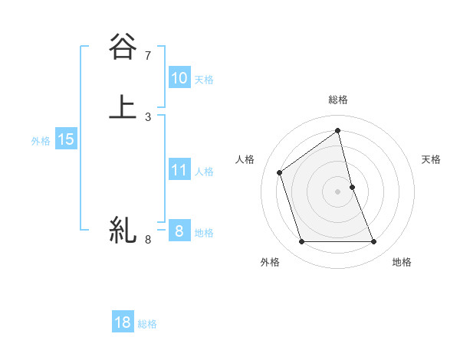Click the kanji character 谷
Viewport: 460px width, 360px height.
pos(123,47)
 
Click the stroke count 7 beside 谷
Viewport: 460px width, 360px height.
pos(148,55)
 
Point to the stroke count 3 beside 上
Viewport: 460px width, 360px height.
pos(148,116)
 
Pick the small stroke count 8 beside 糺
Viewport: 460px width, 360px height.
pos(148,240)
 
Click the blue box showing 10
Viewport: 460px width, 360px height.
pos(179,78)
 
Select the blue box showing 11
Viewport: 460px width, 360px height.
pos(179,170)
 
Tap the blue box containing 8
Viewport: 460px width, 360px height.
pos(179,231)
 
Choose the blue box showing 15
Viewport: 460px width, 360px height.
pos(66,139)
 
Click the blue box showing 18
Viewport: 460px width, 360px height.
pos(123,322)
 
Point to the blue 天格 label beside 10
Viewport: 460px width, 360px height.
pos(204,79)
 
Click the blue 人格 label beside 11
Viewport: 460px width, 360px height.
pos(204,171)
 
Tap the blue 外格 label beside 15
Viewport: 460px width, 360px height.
pos(41,140)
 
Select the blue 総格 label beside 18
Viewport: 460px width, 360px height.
pos(147,323)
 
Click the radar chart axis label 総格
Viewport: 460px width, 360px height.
pos(338,100)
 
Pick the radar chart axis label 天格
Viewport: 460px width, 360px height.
pos(432,159)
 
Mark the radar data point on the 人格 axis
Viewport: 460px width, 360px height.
pos(280,172)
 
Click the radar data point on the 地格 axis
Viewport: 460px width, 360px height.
pos(374,242)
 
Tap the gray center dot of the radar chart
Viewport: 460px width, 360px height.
pos(338,191)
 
